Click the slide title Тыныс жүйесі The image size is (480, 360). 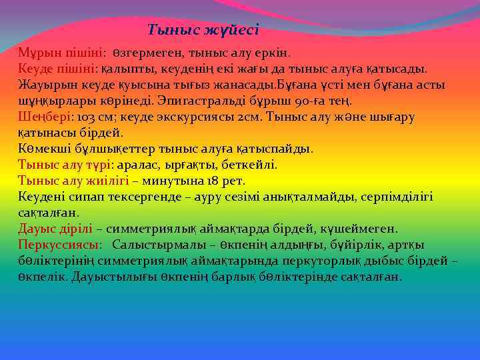click(203, 29)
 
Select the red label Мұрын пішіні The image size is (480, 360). click(60, 53)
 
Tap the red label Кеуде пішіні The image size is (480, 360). click(58, 69)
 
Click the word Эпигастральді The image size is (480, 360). click(199, 101)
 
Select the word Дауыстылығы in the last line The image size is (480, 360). click(117, 277)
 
